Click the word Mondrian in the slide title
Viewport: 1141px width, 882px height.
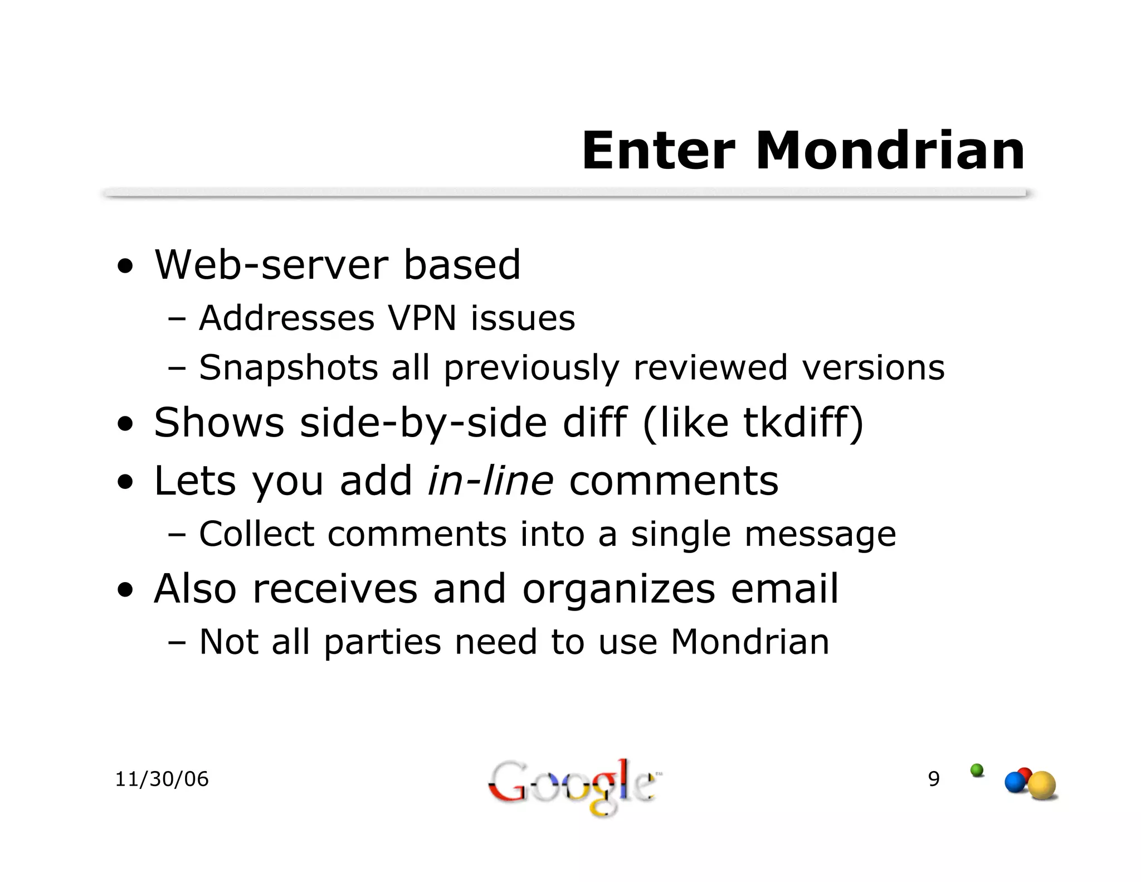[x=890, y=151]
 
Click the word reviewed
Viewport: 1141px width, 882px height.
[x=710, y=368]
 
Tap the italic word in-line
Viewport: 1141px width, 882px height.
[x=490, y=480]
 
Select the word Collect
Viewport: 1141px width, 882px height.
[x=256, y=534]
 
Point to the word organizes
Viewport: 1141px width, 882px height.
[x=618, y=589]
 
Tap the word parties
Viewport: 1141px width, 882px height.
[x=382, y=642]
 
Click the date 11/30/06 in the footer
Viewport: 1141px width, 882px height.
[x=162, y=779]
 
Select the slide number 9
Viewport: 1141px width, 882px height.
[x=934, y=778]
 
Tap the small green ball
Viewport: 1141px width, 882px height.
[x=977, y=770]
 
